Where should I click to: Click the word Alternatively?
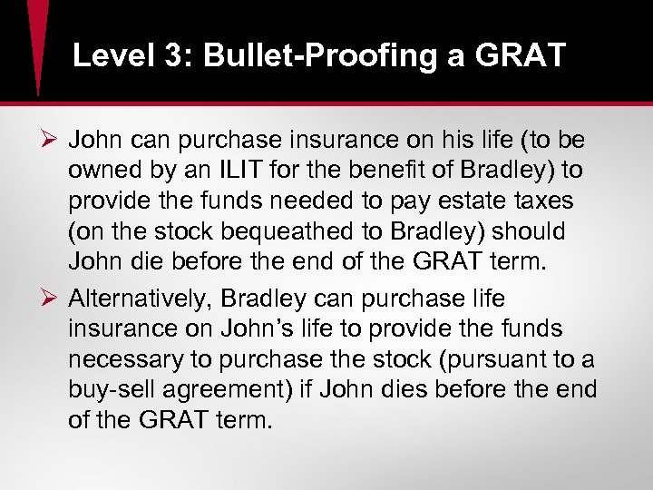[137, 299]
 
